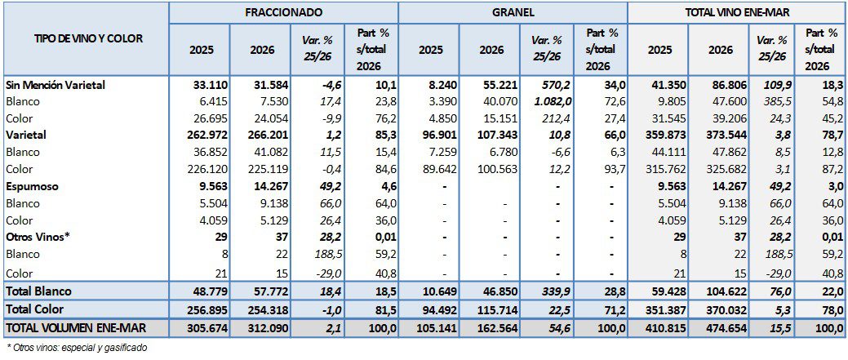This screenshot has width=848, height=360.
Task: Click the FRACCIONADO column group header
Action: pos(283,13)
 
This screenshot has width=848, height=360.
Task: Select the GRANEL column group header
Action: pos(513,13)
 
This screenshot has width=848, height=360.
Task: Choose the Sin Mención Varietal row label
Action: pos(55,84)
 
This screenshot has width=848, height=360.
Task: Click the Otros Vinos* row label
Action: pos(39,237)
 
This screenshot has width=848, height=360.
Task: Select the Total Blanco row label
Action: pos(38,291)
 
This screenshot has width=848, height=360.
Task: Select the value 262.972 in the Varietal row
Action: pos(204,136)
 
